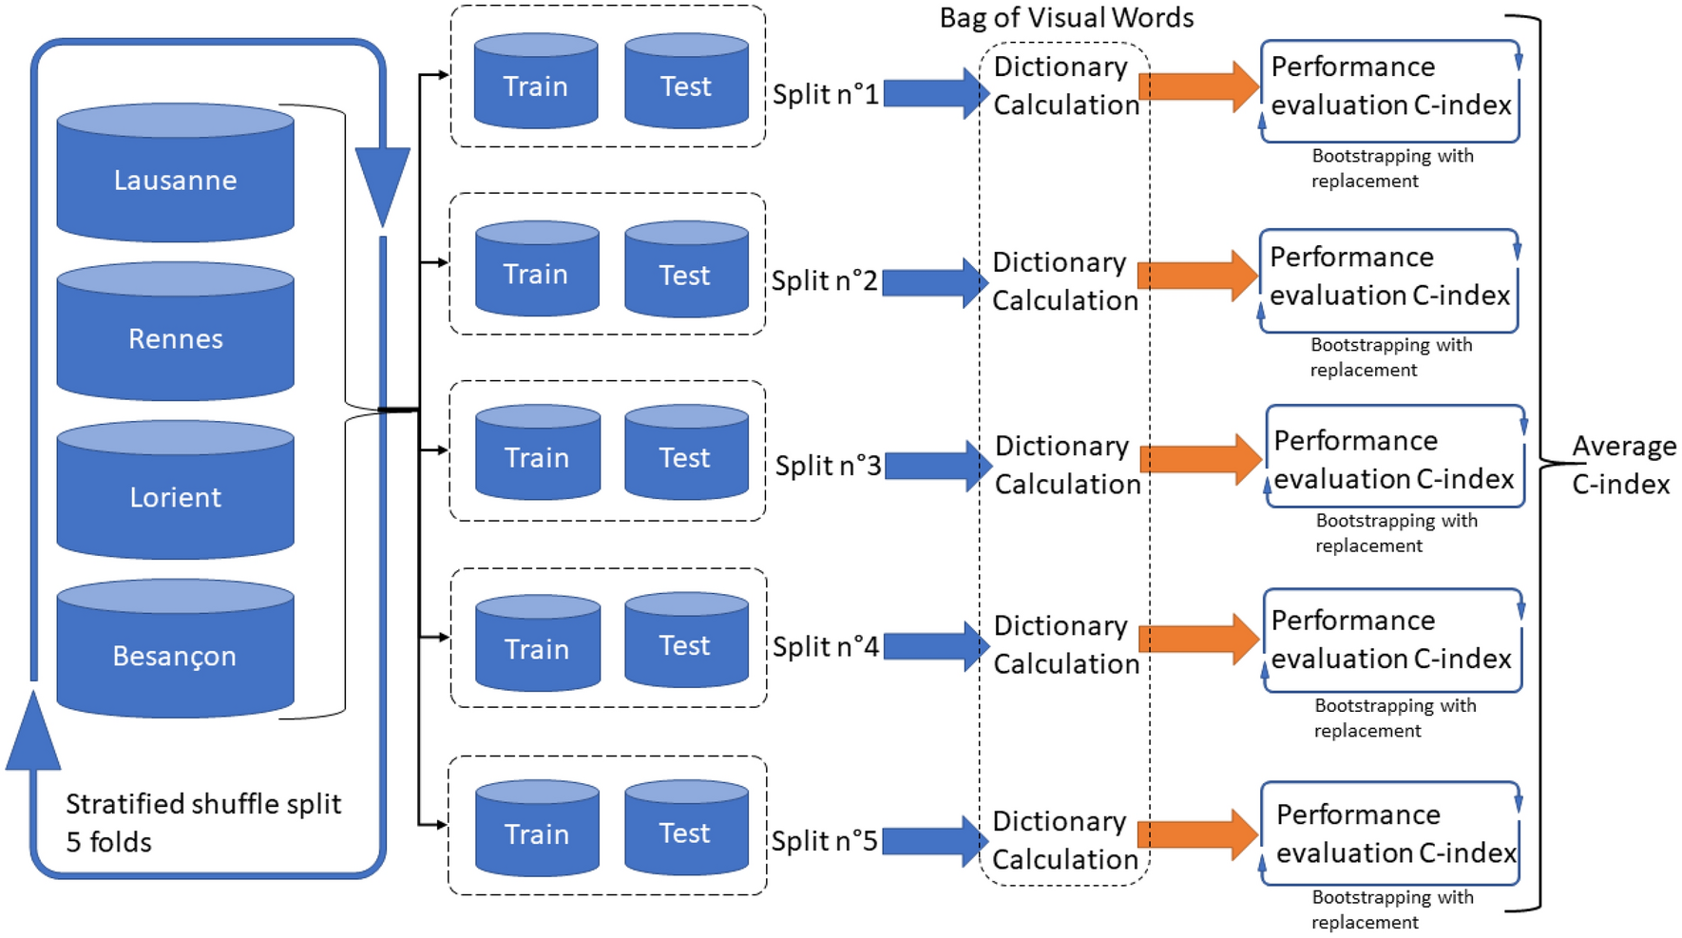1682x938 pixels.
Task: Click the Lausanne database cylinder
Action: pyautogui.click(x=175, y=176)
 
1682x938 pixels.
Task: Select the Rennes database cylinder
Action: pyautogui.click(x=175, y=335)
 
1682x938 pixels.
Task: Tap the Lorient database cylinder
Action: pyautogui.click(x=175, y=493)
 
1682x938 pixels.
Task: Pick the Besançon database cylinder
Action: pyautogui.click(x=175, y=652)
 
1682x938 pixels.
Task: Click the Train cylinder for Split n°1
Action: pyautogui.click(x=535, y=84)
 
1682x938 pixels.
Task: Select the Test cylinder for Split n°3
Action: pyautogui.click(x=685, y=454)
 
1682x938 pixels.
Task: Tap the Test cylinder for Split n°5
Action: pyautogui.click(x=685, y=830)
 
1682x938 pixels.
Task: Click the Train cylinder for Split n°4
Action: pyautogui.click(x=537, y=645)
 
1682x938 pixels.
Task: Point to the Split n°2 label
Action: pyautogui.click(x=824, y=280)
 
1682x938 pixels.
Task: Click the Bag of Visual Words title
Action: pyautogui.click(x=1066, y=17)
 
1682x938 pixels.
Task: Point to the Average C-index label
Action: pyautogui.click(x=1622, y=465)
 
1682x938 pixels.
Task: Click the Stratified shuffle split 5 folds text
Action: pyautogui.click(x=202, y=822)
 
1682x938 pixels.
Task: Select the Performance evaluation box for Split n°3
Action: pyautogui.click(x=1394, y=458)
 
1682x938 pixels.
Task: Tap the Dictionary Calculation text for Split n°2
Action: pyautogui.click(x=1064, y=281)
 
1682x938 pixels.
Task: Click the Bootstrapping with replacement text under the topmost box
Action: pyautogui.click(x=1391, y=168)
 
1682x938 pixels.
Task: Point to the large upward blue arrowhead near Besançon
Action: pyautogui.click(x=33, y=732)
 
